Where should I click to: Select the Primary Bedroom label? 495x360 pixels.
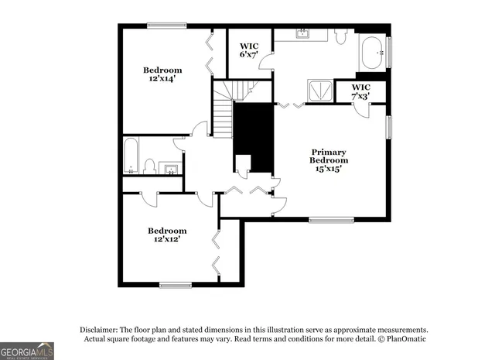coord(329,160)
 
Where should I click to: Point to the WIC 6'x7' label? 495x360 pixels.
coord(248,50)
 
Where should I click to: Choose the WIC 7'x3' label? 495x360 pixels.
coord(361,91)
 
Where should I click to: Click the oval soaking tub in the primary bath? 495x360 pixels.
coord(373,53)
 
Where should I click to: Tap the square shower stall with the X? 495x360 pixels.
coord(317,91)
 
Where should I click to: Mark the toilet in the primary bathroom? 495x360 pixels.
coord(341,36)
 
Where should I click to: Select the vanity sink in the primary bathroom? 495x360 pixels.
coord(303,34)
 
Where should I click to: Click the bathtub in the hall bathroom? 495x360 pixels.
coord(131,157)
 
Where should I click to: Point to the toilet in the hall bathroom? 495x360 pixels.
coord(151,166)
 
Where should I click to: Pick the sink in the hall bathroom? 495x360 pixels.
coord(172,169)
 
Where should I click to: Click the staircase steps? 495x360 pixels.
coord(224,116)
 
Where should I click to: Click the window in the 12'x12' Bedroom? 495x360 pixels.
coord(176,284)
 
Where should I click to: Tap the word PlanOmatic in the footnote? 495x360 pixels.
coord(403,339)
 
